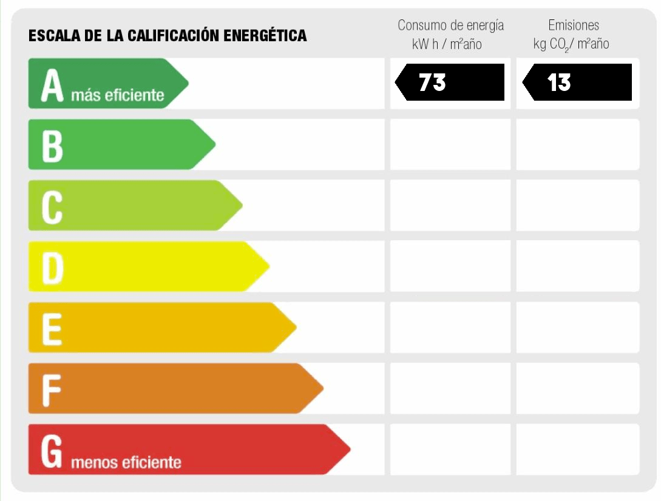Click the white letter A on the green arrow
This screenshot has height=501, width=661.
click(x=52, y=85)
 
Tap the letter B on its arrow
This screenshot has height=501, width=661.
click(x=52, y=146)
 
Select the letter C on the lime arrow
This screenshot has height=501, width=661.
click(x=52, y=206)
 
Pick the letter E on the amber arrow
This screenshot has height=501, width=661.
click(x=52, y=328)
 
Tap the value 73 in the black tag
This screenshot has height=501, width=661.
click(x=432, y=82)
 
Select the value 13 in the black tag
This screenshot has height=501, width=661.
click(x=558, y=82)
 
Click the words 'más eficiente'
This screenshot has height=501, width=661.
click(x=118, y=95)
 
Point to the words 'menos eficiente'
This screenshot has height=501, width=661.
click(x=126, y=463)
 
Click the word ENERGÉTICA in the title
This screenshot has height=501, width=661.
click(x=265, y=36)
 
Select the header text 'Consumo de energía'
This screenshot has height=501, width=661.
click(x=450, y=25)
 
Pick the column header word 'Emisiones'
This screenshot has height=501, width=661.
click(x=574, y=25)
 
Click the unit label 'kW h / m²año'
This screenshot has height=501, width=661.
click(x=447, y=44)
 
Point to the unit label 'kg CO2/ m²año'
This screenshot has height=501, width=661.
click(x=571, y=44)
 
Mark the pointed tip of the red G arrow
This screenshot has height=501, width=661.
click(x=350, y=449)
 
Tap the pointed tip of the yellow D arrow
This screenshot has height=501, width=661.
click(x=269, y=266)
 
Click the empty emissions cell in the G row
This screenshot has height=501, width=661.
click(x=577, y=449)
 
